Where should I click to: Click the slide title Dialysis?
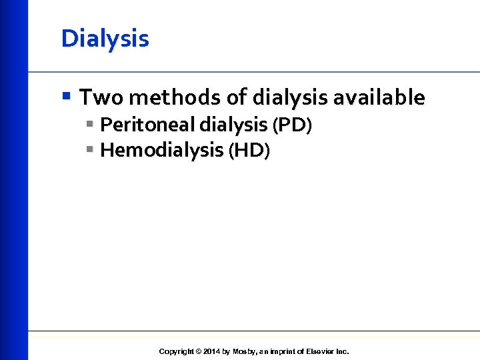pyautogui.click(x=105, y=39)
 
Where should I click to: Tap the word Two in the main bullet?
pyautogui.click(x=101, y=98)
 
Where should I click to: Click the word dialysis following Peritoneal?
pyautogui.click(x=227, y=125)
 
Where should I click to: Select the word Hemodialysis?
pyautogui.click(x=162, y=151)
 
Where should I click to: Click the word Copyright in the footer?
pyautogui.click(x=176, y=351)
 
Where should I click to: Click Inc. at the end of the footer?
pyautogui.click(x=342, y=351)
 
